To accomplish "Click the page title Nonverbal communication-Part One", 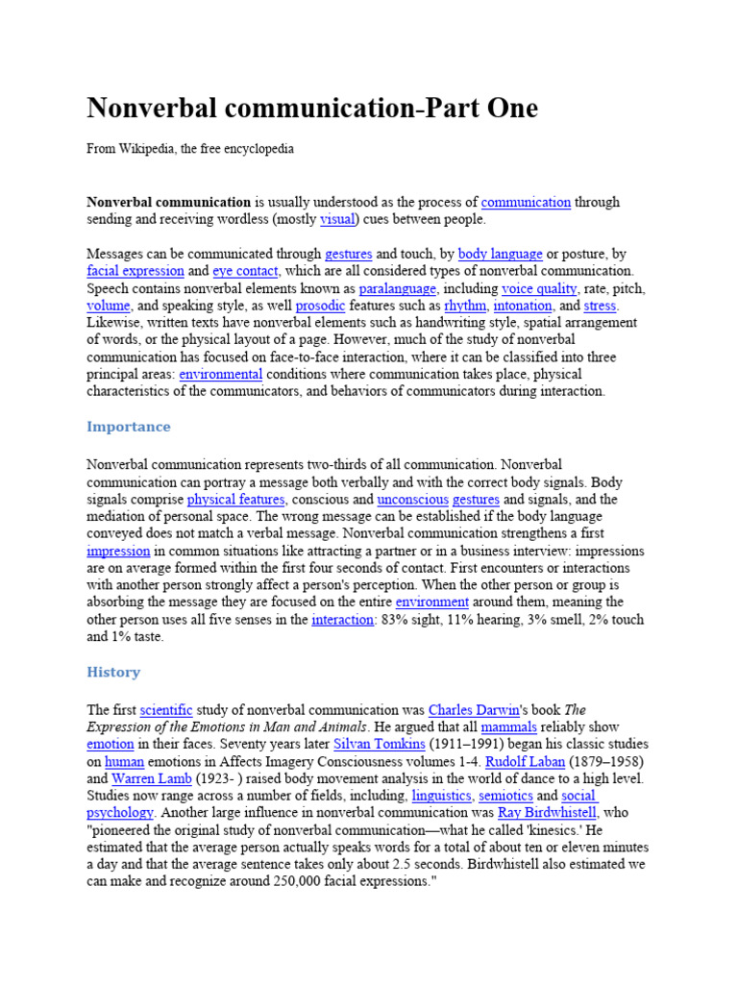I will point(312,108).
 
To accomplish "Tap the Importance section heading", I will point(129,427).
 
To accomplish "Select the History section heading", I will point(113,672).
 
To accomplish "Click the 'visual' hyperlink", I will point(337,219).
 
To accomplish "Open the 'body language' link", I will point(500,254).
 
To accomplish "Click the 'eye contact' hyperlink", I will point(245,271).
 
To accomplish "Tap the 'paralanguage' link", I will point(398,288).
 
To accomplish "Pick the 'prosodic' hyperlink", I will point(317,306).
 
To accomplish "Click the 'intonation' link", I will point(523,306).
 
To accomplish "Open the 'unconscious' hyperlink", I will point(412,500).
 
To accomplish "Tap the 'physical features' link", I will point(235,500).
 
